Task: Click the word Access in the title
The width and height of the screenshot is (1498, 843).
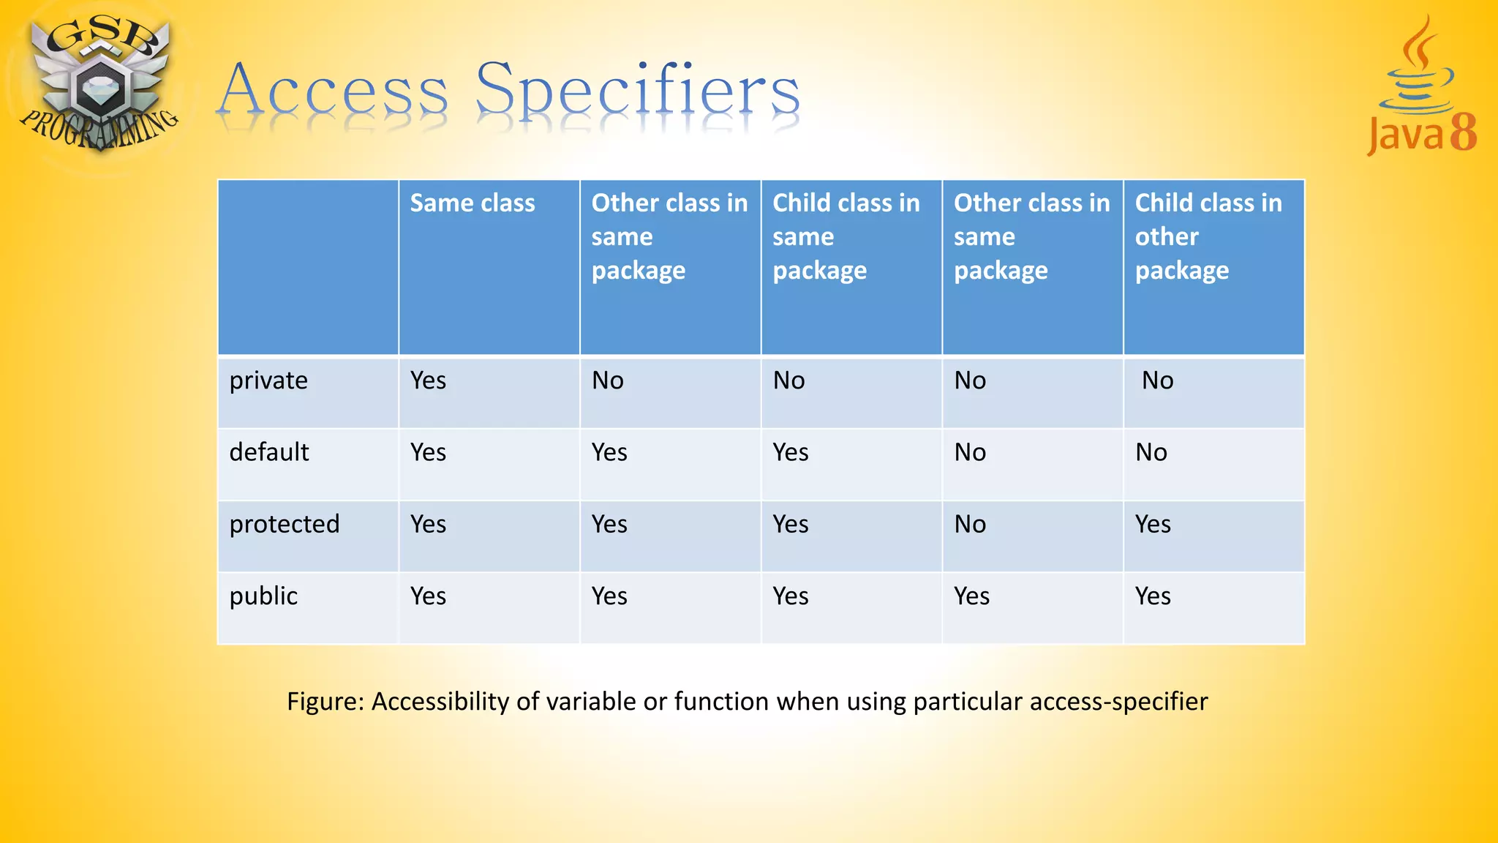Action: coord(333,91)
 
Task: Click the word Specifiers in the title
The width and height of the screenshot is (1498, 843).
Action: coord(638,91)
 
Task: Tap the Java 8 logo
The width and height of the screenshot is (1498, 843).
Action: coord(1420,88)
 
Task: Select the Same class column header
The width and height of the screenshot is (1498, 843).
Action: coord(472,203)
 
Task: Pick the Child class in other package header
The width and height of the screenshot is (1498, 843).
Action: coord(1208,236)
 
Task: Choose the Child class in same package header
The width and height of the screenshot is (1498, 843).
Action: coord(846,236)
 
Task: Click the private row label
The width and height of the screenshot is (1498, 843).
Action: coord(268,381)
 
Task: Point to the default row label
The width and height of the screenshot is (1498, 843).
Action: coord(268,452)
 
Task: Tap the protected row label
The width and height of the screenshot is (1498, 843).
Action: coord(284,524)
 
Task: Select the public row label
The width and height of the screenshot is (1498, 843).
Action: coord(263,596)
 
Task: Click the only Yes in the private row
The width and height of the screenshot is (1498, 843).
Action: coord(428,381)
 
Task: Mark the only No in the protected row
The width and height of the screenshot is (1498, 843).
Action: coord(970,524)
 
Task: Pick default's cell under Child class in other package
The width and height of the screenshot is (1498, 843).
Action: coord(1151,452)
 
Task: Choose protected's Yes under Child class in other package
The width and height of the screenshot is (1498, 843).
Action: coord(1153,524)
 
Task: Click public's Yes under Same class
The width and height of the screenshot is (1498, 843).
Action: coord(428,596)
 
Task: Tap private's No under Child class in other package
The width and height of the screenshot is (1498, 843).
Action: coord(1157,381)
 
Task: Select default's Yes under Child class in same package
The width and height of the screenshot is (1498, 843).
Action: coord(791,452)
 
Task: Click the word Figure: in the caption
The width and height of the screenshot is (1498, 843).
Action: coord(325,701)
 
